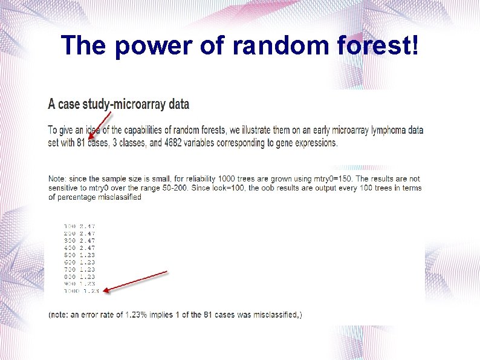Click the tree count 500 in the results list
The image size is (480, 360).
(x=70, y=255)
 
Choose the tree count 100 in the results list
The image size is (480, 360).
(x=70, y=226)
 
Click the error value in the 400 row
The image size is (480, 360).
(x=88, y=247)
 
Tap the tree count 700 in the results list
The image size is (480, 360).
(x=70, y=269)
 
